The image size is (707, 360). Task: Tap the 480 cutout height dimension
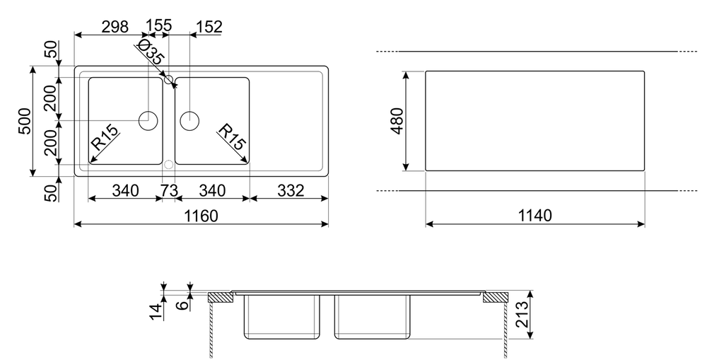pos(395,121)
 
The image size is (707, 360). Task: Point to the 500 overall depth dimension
pos(23,122)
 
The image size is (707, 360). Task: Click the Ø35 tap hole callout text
pos(151,55)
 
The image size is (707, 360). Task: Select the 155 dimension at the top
pos(158,27)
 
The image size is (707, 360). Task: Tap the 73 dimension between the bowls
pos(168,190)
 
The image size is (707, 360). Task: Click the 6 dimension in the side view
pos(182,303)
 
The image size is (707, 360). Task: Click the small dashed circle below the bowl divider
pos(168,165)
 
